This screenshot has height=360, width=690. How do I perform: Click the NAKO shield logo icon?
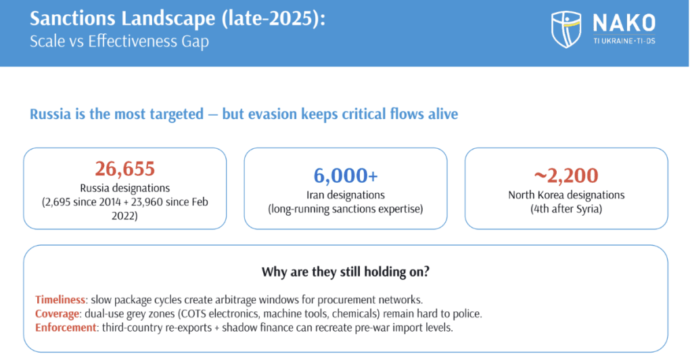coord(566,30)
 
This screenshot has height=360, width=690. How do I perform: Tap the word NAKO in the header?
coord(624,23)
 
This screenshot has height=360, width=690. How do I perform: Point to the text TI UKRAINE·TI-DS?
coord(624,41)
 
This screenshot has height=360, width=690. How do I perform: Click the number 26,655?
coord(125,168)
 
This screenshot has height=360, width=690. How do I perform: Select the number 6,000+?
coord(346,175)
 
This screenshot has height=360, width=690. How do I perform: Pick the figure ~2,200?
coord(566,175)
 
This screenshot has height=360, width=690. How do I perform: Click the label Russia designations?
coord(125,188)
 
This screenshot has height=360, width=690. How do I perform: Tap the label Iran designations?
coord(346,195)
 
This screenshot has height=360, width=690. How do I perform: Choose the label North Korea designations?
coord(566,195)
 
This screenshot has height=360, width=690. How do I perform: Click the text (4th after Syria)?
coord(566,208)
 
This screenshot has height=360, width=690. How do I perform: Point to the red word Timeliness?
coord(60,300)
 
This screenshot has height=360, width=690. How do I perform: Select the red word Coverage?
coord(57,314)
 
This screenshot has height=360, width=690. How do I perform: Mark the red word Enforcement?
coord(66,328)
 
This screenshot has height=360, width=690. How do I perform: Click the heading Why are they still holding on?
coord(346,271)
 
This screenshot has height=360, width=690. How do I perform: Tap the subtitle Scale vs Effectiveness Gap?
coord(119,41)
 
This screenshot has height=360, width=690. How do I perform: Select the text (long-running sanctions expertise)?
coord(346,208)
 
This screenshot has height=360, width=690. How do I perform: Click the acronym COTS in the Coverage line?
coord(192,314)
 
